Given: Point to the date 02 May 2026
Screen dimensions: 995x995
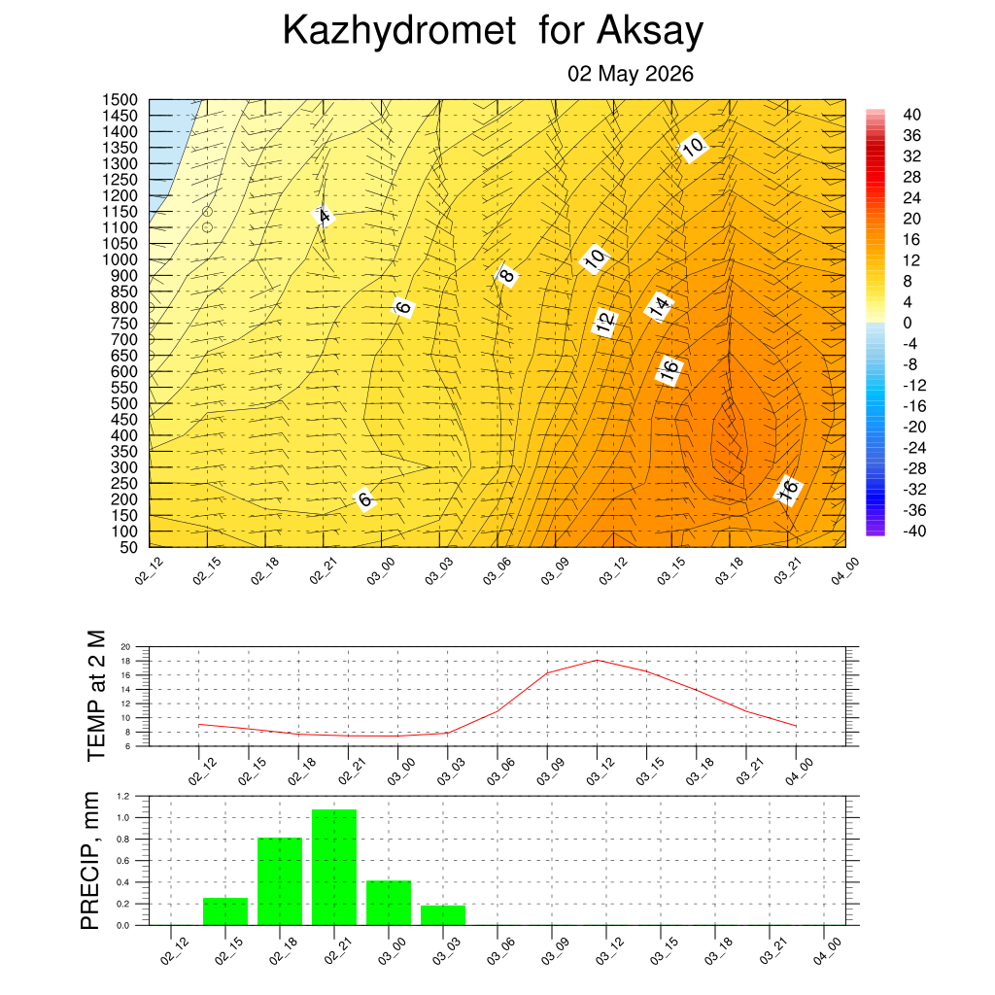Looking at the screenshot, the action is coord(630,74).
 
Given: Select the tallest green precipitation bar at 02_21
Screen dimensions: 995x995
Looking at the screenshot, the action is coord(334,867).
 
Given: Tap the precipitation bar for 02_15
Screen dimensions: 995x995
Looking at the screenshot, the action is coord(225,911).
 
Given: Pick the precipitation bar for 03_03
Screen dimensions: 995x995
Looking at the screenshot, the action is coord(443,915).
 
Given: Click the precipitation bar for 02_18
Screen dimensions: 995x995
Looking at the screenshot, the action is coord(280,881).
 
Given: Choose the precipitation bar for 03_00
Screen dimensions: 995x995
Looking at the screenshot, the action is coord(389,903).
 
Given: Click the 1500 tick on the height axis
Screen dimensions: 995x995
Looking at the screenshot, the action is coord(120,100).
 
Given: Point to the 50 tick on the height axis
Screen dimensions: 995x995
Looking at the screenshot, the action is coord(128,547).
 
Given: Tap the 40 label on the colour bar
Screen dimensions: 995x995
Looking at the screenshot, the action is coord(911,115).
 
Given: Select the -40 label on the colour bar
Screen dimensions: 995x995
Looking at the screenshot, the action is coord(914,531).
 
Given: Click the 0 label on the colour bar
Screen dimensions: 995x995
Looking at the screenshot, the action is coord(908,323).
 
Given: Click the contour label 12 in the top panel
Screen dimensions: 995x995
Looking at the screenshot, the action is coord(604,323).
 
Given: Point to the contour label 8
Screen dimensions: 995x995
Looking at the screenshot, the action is coord(506,275).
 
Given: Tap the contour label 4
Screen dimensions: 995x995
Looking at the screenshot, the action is coord(324,217).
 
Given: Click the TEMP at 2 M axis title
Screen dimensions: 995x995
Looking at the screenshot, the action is coord(96,696).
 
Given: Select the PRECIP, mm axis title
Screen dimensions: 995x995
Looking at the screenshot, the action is coord(90,861).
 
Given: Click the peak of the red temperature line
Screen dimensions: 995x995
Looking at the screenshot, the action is coord(598,661).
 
